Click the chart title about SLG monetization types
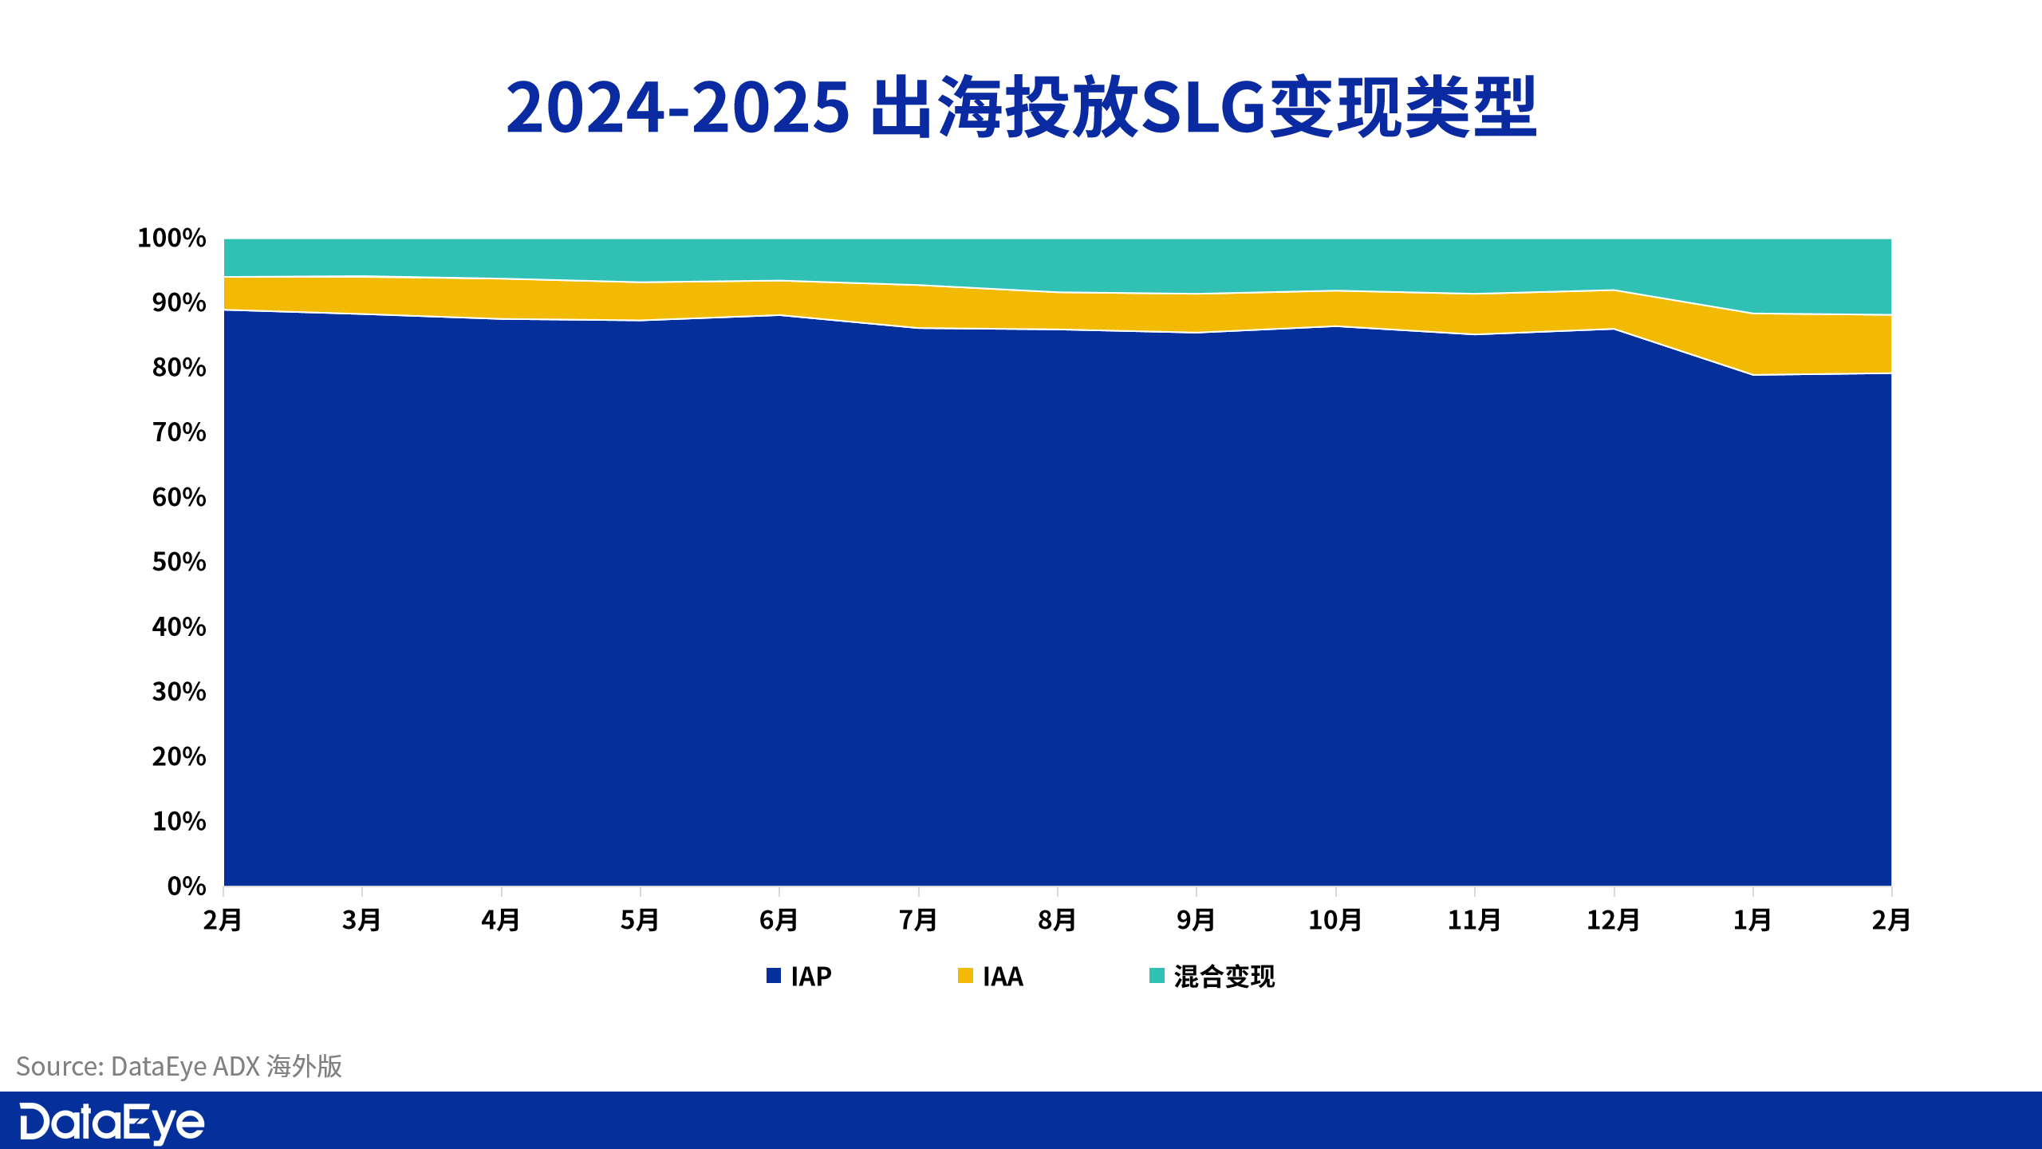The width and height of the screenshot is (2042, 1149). (x=1021, y=108)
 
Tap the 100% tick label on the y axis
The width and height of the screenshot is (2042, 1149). (x=171, y=238)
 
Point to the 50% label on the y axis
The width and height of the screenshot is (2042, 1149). (x=179, y=562)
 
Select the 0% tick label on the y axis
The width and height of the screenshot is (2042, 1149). (x=187, y=886)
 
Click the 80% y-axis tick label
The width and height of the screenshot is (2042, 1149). (x=179, y=367)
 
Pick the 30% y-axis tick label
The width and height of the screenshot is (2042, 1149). (x=179, y=691)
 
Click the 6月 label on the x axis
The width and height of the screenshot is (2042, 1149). (x=779, y=920)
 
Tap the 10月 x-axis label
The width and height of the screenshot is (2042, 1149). (x=1335, y=920)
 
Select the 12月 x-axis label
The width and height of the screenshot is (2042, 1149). (x=1613, y=920)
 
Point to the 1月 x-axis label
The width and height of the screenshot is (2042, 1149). (x=1752, y=920)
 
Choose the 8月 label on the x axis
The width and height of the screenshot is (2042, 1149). (x=1057, y=920)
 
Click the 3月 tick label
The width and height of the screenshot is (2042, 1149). (x=362, y=920)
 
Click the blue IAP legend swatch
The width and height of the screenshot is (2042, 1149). (x=774, y=975)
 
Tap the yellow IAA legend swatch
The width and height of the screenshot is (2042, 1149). (x=965, y=975)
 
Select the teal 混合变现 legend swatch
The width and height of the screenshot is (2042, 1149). (x=1157, y=975)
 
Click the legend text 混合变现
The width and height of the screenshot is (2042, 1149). (x=1224, y=976)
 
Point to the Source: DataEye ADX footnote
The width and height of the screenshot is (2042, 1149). (x=179, y=1066)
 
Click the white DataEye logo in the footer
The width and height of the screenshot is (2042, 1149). (x=112, y=1123)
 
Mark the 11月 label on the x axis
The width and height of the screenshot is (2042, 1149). (x=1474, y=920)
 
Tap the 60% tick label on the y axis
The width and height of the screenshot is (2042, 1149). (x=179, y=497)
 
